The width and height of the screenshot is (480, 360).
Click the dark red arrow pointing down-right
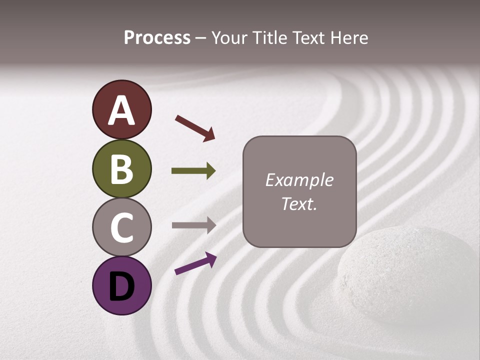pyautogui.click(x=195, y=128)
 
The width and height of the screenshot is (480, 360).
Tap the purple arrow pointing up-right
pyautogui.click(x=195, y=263)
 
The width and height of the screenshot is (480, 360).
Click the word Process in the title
pyautogui.click(x=157, y=38)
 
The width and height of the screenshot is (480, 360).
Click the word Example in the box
pyautogui.click(x=299, y=180)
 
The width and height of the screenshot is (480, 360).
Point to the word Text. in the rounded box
pyautogui.click(x=299, y=203)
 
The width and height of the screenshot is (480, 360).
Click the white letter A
pyautogui.click(x=121, y=110)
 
